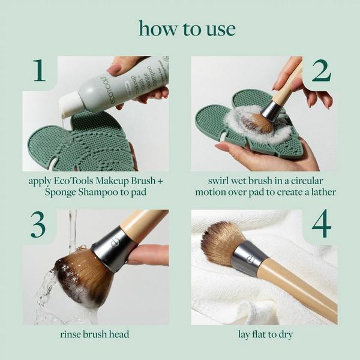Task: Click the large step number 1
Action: pyautogui.click(x=39, y=71)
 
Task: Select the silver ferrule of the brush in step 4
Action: pyautogui.click(x=249, y=257)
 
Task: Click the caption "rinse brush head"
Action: pyautogui.click(x=95, y=334)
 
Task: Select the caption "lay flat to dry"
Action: pyautogui.click(x=264, y=334)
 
